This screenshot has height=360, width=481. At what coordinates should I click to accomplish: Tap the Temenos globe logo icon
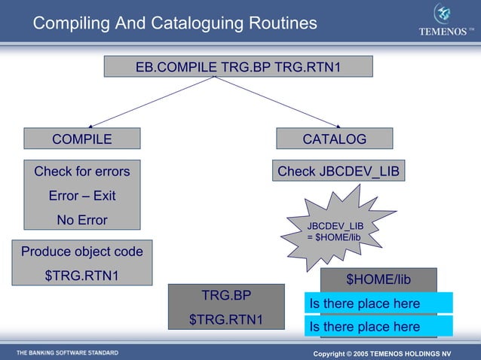[x=443, y=14]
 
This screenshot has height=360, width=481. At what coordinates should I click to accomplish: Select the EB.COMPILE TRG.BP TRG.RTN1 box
[x=237, y=67]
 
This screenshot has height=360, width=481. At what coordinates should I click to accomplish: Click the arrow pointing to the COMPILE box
[x=151, y=102]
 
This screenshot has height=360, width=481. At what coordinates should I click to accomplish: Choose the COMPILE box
[x=81, y=139]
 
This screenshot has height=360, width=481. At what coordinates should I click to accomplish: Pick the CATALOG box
[x=334, y=139]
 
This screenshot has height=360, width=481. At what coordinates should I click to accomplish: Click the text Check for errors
[x=81, y=171]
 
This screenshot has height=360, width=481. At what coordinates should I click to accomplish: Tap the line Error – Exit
[x=81, y=196]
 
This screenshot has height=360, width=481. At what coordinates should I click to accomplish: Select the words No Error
[x=81, y=221]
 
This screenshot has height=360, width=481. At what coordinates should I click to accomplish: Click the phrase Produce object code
[x=81, y=252]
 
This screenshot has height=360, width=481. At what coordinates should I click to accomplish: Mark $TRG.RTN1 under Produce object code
[x=81, y=276]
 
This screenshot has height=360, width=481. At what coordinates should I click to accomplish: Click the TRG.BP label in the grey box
[x=226, y=294]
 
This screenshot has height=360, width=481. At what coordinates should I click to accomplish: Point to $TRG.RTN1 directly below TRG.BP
[x=226, y=319]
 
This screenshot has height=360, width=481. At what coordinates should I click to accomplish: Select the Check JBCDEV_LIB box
[x=339, y=171]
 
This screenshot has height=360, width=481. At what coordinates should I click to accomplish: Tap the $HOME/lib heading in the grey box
[x=378, y=279]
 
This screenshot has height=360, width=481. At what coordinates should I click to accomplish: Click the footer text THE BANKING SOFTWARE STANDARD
[x=67, y=352]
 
